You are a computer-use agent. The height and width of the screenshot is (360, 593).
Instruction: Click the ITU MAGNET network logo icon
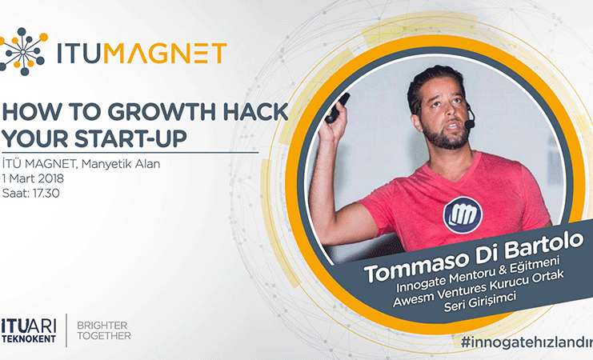tap(23, 51)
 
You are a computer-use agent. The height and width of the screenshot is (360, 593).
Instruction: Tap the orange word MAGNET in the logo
tap(165, 54)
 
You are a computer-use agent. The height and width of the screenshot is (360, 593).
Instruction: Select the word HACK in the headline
tap(255, 112)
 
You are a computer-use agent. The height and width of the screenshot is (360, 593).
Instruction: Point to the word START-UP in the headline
tap(131, 138)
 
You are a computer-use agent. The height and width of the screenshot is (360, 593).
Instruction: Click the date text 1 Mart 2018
tap(33, 178)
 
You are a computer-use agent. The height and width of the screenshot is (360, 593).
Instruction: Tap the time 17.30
tap(46, 194)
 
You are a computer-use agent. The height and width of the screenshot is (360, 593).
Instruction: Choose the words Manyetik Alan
tap(121, 164)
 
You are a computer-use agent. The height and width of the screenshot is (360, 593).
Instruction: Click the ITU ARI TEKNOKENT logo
tap(29, 331)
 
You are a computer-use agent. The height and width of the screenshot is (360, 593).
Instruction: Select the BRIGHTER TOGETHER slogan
tap(104, 330)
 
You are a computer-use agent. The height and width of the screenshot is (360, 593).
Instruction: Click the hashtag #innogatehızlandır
tap(527, 342)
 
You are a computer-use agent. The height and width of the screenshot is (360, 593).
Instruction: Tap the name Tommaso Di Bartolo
tap(473, 256)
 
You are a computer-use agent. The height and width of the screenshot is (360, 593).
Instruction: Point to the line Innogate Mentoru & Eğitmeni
tap(478, 275)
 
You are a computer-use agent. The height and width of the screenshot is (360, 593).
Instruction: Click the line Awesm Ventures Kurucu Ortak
tap(479, 289)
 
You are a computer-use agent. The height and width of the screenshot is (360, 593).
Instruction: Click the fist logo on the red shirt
tap(463, 214)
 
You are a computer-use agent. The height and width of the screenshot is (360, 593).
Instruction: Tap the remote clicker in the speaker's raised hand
tap(338, 108)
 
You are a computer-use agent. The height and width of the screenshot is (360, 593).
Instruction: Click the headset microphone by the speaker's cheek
tap(470, 119)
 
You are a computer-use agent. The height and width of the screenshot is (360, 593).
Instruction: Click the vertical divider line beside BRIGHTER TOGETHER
tap(66, 330)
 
